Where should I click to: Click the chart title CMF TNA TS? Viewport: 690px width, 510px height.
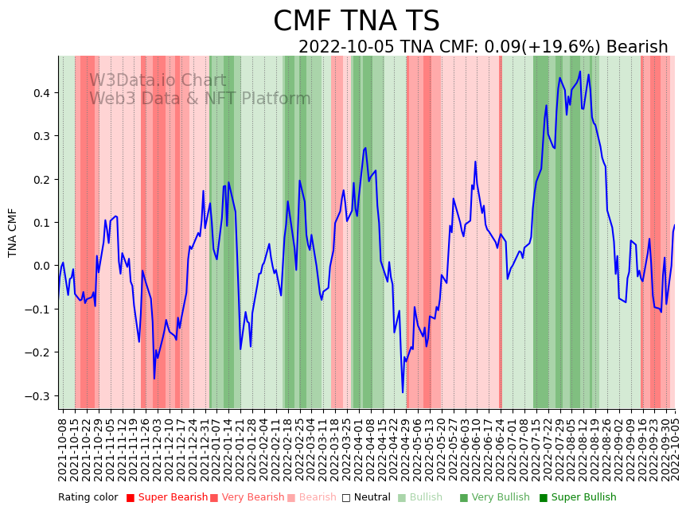click(x=356, y=21)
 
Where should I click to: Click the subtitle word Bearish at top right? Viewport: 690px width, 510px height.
click(x=637, y=47)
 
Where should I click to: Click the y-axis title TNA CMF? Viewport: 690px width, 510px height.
click(x=13, y=232)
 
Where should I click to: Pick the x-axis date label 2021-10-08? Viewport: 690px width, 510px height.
click(x=63, y=449)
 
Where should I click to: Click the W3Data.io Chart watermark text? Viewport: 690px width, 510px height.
click(x=158, y=81)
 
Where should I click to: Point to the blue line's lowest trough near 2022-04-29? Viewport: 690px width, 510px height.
click(x=403, y=392)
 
